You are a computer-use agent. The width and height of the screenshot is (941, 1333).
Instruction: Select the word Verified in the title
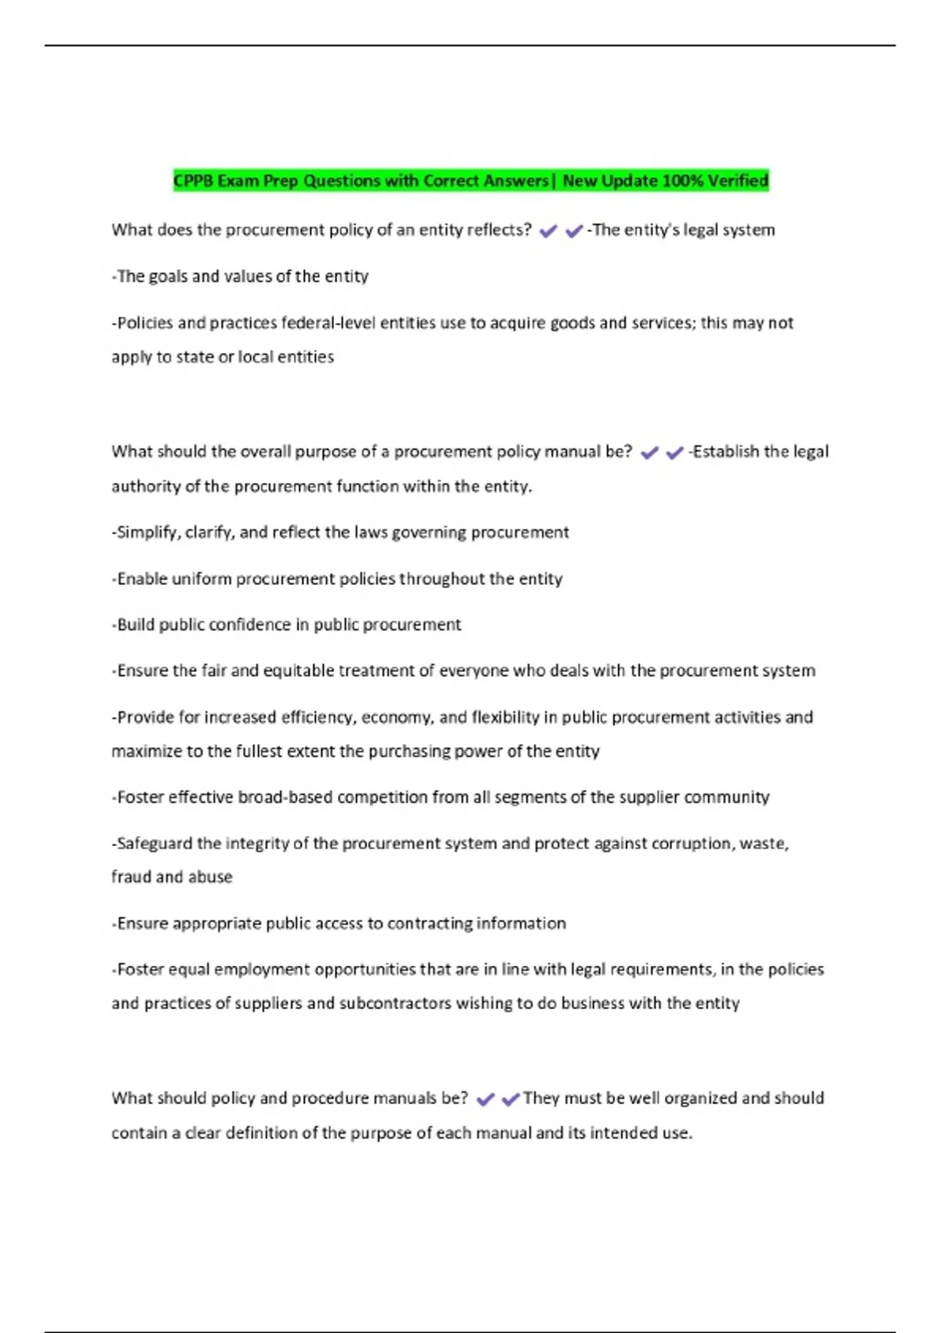(x=738, y=181)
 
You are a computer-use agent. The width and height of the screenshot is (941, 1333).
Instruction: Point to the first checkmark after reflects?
(x=548, y=231)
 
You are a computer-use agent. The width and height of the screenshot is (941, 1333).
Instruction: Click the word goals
(x=168, y=276)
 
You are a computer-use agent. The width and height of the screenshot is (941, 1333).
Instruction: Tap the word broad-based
(x=283, y=797)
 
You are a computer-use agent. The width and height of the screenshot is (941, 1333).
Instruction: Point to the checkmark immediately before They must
(x=510, y=1099)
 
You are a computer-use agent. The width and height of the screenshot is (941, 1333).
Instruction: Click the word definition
(x=261, y=1133)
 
